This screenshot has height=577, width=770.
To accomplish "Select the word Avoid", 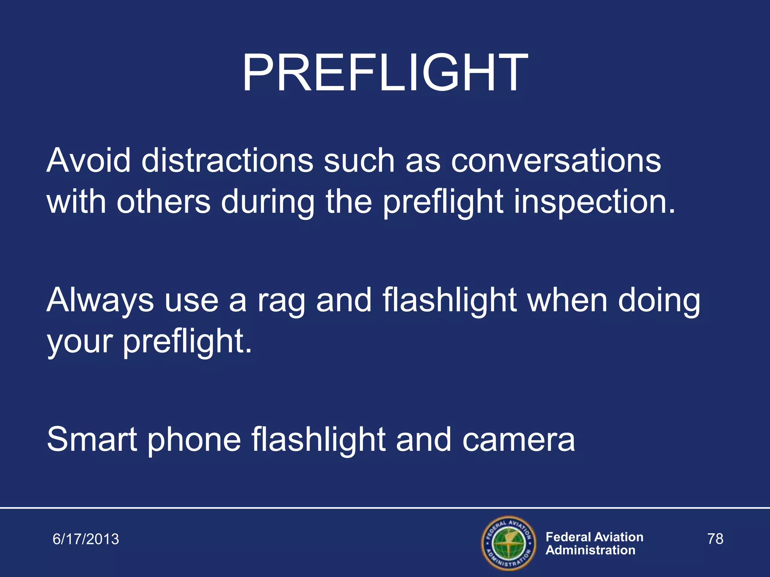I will point(88,160).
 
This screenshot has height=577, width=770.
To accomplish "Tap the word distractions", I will point(227,160).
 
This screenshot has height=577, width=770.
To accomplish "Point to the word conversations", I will point(556,160).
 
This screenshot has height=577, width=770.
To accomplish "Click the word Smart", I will point(92,439).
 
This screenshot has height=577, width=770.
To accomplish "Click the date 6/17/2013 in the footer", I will point(86,539).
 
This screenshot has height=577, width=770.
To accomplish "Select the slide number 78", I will point(715,539).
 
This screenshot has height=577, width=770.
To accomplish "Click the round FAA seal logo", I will point(509,543).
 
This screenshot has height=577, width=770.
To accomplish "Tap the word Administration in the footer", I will point(590,550).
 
